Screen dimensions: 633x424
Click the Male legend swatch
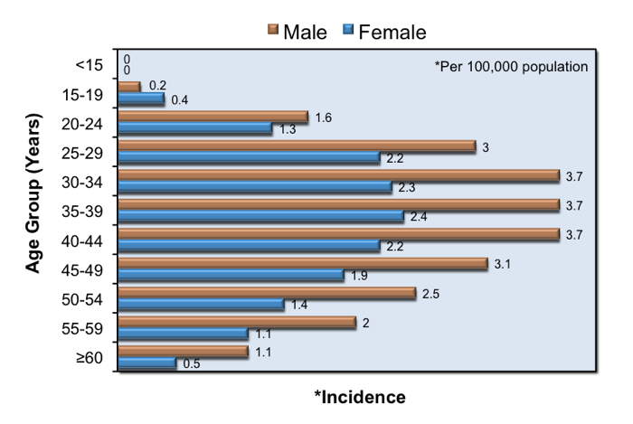273,30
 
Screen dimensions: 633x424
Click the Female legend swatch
348,30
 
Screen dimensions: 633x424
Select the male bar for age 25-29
298,146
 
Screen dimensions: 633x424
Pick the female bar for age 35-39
261,216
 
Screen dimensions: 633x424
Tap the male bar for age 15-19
129,87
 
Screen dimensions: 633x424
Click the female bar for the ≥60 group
147,363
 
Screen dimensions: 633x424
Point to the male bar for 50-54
268,293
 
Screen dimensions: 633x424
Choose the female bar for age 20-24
195,128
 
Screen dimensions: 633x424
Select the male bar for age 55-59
237,322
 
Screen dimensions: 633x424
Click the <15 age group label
90,65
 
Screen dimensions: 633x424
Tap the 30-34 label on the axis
82,183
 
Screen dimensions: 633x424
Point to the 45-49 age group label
82,270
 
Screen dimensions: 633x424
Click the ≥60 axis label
90,358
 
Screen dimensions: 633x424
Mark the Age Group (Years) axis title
33,193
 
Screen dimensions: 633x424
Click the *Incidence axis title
360,398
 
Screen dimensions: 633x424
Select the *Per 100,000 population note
511,67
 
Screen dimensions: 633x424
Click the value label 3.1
503,264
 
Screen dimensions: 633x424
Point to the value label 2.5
430,294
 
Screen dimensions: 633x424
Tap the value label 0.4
180,100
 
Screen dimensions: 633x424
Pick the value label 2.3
407,188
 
